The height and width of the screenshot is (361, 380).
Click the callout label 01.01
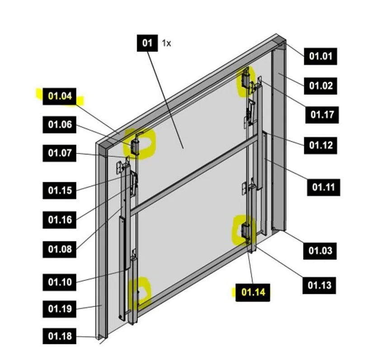tap(320, 56)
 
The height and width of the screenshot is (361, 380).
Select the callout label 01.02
tap(320, 86)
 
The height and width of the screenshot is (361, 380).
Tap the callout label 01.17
tap(322, 115)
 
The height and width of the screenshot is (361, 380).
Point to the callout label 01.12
tap(320, 145)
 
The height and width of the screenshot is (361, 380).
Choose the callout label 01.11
tap(324, 187)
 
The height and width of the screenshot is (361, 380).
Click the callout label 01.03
tap(320, 251)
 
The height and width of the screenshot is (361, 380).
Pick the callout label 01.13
tap(319, 286)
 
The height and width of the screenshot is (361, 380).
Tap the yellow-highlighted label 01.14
tap(253, 292)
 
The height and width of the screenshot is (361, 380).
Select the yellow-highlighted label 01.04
tap(60, 96)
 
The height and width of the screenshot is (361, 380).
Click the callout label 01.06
tap(60, 125)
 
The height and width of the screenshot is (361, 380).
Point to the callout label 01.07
tap(60, 153)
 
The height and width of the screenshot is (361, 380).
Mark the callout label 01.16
tap(60, 220)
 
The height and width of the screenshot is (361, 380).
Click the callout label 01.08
tap(60, 250)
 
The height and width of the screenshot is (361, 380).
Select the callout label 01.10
tap(60, 282)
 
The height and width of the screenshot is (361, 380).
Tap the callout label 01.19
tap(60, 309)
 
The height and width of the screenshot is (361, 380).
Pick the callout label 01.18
tap(60, 336)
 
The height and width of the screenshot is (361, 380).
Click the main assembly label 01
tap(147, 43)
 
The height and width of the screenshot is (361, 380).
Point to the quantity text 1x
tap(166, 43)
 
